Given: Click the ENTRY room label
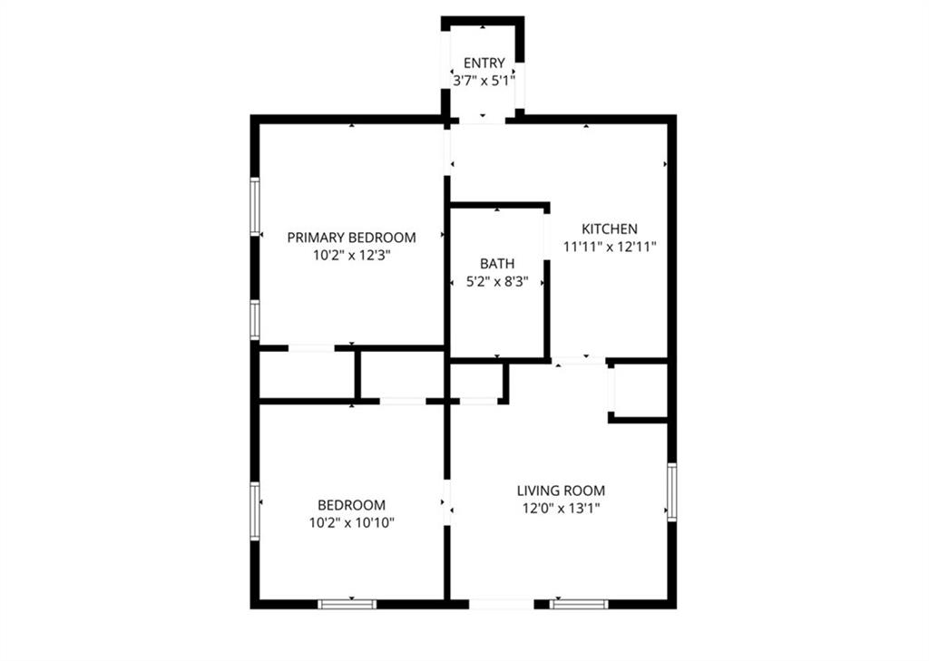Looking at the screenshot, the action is pyautogui.click(x=484, y=63).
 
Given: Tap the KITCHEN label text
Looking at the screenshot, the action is pyautogui.click(x=610, y=228).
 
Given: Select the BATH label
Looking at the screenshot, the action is pyautogui.click(x=497, y=264).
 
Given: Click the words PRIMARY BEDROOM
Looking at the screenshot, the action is pyautogui.click(x=351, y=238).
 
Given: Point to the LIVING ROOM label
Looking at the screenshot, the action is pyautogui.click(x=561, y=491).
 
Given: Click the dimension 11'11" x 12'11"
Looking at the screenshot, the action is pyautogui.click(x=610, y=247).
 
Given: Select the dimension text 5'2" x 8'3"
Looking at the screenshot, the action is pyautogui.click(x=497, y=282).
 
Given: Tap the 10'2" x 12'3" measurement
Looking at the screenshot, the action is pyautogui.click(x=351, y=256).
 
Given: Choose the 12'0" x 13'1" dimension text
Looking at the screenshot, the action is pyautogui.click(x=561, y=508).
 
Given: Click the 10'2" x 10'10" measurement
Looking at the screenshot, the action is pyautogui.click(x=351, y=523).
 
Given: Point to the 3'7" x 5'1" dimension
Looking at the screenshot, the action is pyautogui.click(x=484, y=81).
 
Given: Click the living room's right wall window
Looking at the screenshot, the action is pyautogui.click(x=672, y=492).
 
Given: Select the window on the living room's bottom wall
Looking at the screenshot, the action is pyautogui.click(x=579, y=605).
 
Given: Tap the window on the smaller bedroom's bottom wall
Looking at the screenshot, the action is pyautogui.click(x=347, y=605).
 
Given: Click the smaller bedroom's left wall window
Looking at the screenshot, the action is pyautogui.click(x=255, y=511).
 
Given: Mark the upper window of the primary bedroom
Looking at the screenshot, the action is pyautogui.click(x=255, y=207).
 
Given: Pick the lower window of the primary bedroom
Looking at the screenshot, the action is pyautogui.click(x=255, y=320).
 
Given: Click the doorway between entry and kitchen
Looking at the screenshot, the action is pyautogui.click(x=483, y=121).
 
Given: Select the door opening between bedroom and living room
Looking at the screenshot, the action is pyautogui.click(x=447, y=502).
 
